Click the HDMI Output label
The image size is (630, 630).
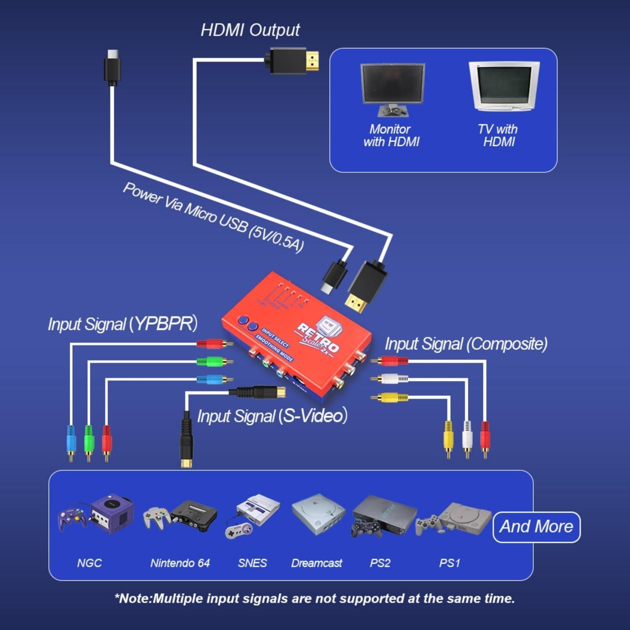point(250,30)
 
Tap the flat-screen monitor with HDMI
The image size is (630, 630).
point(392,88)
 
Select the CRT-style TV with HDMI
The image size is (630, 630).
point(503,86)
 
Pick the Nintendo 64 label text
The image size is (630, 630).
point(180,563)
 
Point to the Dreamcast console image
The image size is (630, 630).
point(318,514)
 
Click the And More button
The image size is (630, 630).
point(536,527)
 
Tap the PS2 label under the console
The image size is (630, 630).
point(380,563)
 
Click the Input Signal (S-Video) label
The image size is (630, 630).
point(272,416)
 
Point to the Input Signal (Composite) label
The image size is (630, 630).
point(466,344)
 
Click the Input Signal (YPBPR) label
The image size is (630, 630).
point(122,324)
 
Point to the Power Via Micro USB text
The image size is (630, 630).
point(213,218)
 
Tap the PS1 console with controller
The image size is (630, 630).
point(460,519)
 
